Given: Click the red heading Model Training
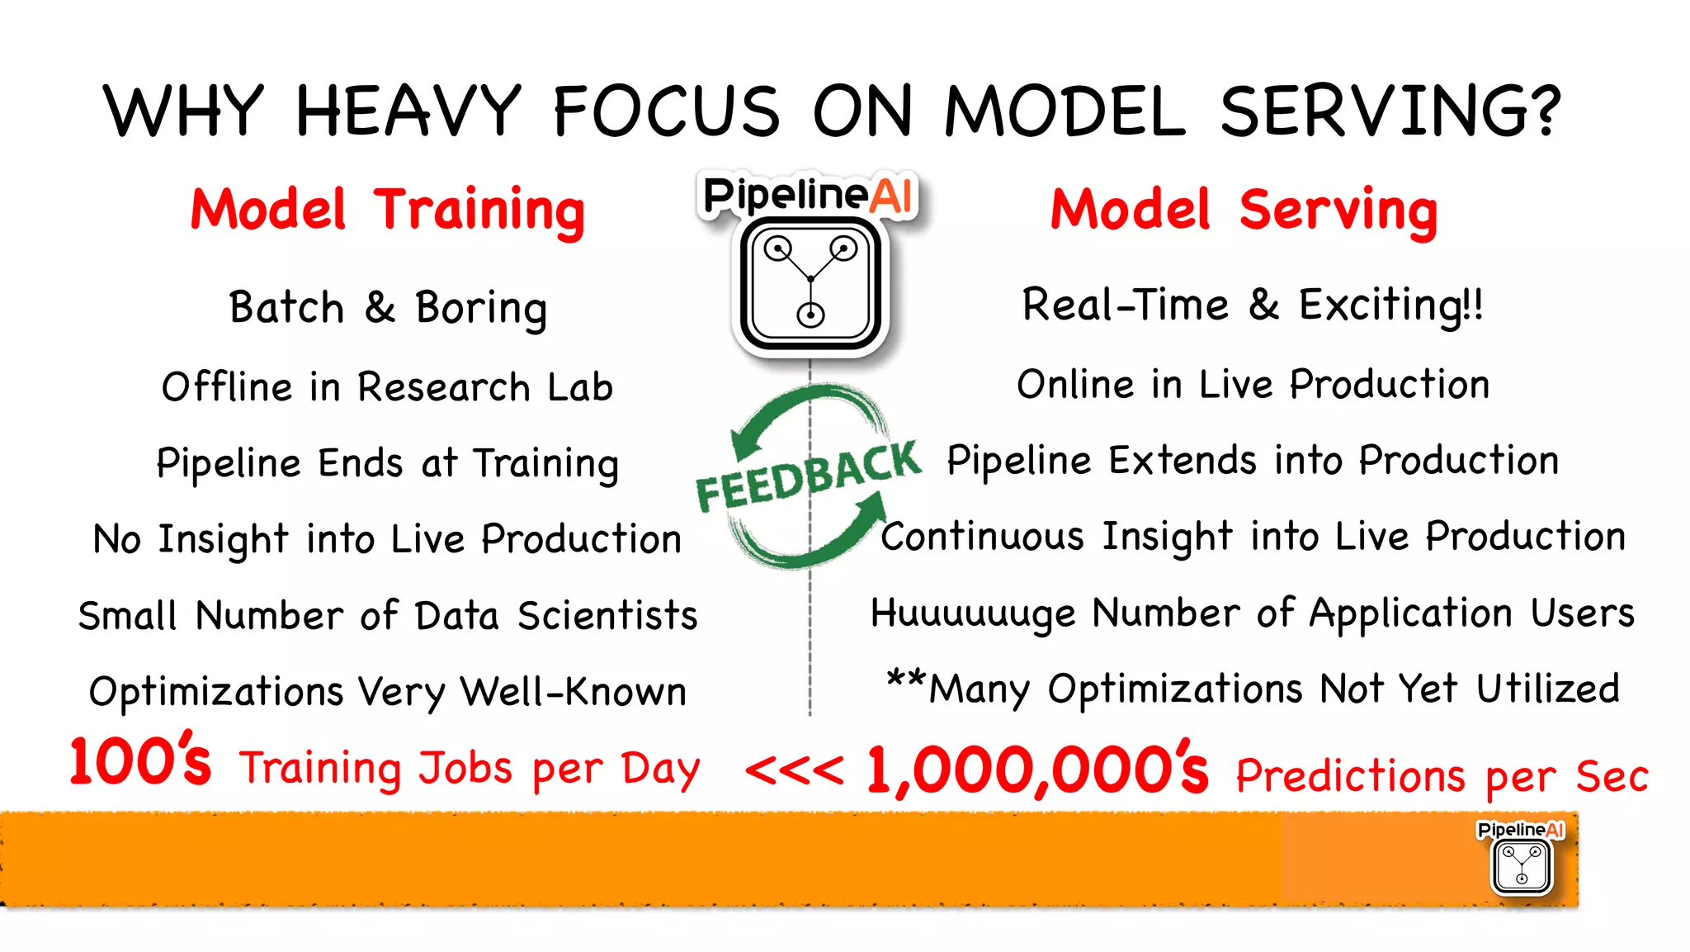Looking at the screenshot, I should pos(387,211).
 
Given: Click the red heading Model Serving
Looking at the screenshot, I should pos(1244,211).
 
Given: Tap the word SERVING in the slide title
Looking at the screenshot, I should pos(1390,111).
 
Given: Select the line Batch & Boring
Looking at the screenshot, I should pos(388,308).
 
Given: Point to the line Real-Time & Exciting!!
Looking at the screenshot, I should pos(1253,305).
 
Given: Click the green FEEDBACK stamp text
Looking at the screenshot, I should pos(808,477).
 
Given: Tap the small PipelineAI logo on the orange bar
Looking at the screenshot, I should pos(1522,859).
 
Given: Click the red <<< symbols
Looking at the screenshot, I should pos(794,770).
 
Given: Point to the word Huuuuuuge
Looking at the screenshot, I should pos(974,613).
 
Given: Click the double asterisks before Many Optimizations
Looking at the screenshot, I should pos(905,680).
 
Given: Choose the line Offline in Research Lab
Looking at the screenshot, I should pos(387,387).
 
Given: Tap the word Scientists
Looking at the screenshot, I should pos(607,616).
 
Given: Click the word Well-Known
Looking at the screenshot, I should pos(574,692).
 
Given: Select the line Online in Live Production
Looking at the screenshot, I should pos(1253,385).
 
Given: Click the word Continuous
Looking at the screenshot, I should pos(982,537).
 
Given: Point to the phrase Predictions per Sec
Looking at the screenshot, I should pos(1442,776).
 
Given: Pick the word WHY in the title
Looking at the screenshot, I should pos(183,111).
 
